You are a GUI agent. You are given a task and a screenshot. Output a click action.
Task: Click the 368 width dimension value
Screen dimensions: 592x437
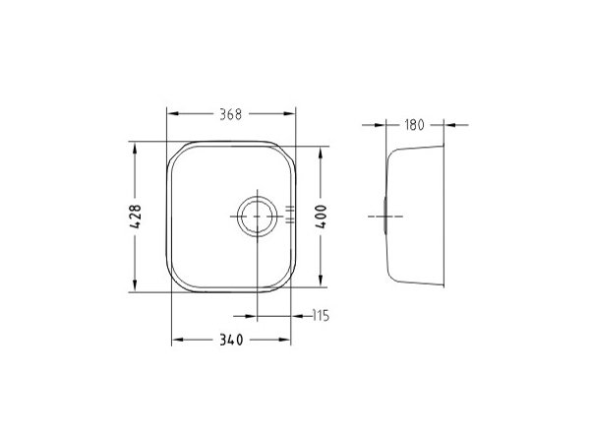pos(231,114)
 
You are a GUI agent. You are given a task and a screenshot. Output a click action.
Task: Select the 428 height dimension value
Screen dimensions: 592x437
pos(135,217)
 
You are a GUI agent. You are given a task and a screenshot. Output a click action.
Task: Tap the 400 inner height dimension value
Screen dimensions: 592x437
pos(321,217)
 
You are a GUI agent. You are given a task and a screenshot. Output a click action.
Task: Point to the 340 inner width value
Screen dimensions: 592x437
pos(231,340)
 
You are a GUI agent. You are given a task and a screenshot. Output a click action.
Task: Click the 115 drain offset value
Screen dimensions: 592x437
pos(321,315)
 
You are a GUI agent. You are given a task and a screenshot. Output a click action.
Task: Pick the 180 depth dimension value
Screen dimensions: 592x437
pos(414,125)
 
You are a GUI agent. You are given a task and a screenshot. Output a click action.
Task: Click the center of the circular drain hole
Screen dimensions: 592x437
pos(257,217)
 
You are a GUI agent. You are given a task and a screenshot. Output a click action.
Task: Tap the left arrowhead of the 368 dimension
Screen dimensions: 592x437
pos(172,113)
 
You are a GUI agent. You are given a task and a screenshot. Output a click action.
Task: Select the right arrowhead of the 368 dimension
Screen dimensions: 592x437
pos(289,113)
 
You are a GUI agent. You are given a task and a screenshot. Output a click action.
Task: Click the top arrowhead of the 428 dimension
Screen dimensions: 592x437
pos(135,148)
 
